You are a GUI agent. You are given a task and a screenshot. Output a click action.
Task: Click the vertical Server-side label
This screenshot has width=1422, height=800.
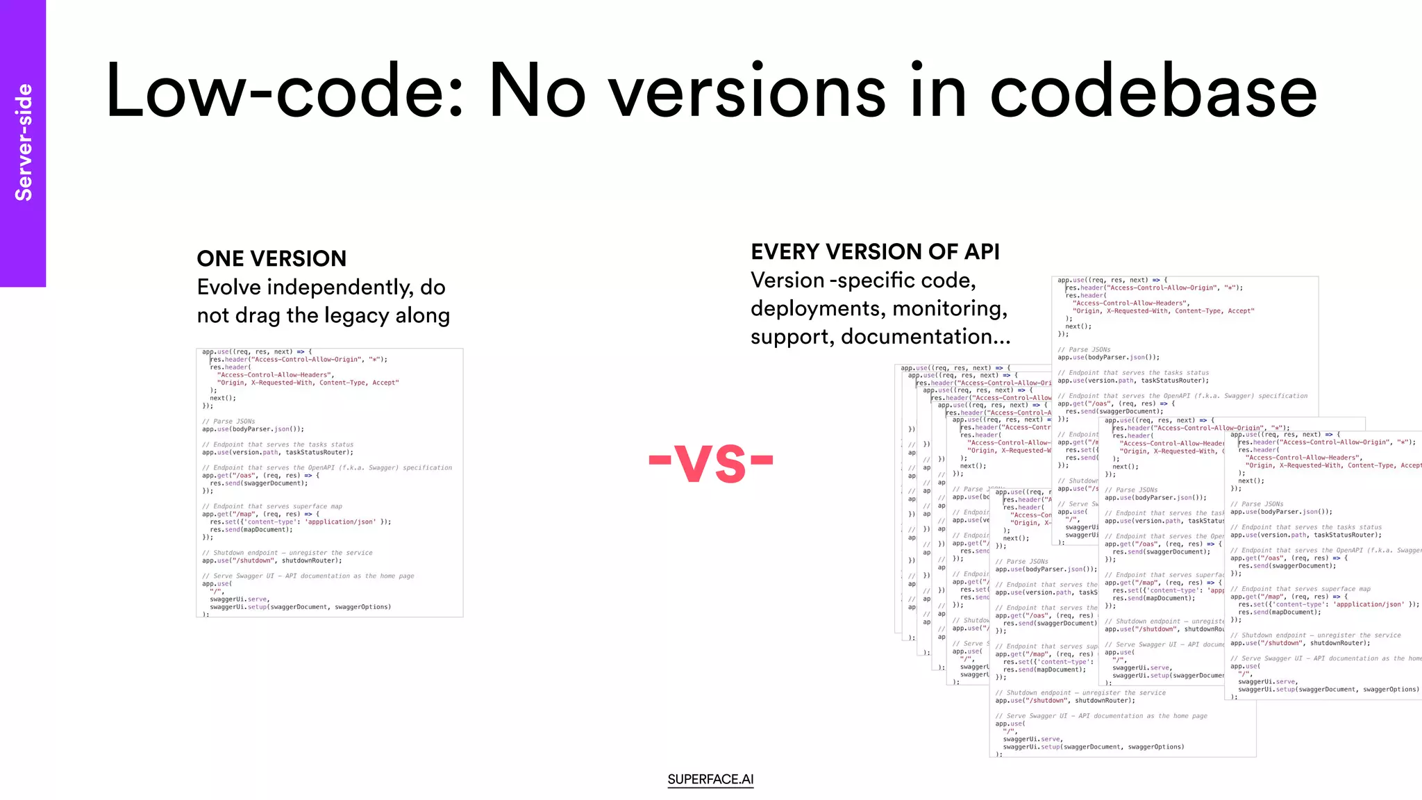[24, 142]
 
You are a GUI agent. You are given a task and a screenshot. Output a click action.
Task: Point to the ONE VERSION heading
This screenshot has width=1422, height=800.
[271, 258]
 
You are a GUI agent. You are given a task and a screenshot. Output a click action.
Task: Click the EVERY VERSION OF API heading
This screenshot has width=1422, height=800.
[875, 251]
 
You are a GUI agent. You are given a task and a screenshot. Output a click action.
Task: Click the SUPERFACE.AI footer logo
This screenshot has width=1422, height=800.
[710, 779]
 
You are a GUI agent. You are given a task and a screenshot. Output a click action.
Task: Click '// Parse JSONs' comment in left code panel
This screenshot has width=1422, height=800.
[228, 422]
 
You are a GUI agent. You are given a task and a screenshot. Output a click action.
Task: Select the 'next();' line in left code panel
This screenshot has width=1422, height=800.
[223, 398]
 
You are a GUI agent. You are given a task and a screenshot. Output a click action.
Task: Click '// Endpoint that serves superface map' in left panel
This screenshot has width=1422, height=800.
[271, 506]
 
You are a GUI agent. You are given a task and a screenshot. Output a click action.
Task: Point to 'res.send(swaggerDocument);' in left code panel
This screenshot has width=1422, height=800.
[258, 483]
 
